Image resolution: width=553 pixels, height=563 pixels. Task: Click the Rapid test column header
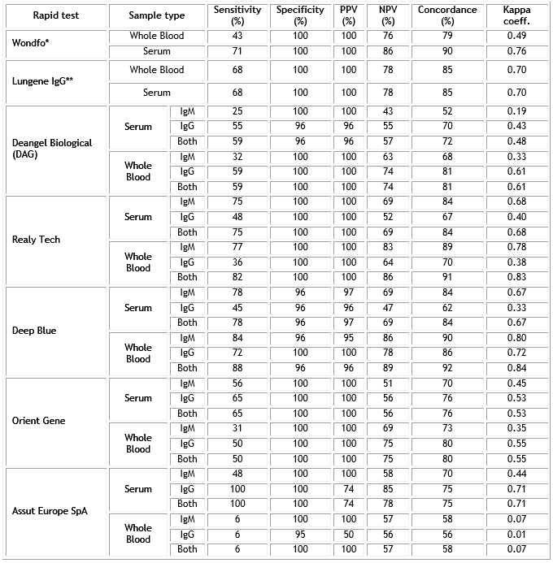pos(54,15)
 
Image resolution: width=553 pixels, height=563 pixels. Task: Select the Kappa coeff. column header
pos(516,15)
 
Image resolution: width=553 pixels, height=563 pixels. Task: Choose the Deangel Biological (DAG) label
pos(52,148)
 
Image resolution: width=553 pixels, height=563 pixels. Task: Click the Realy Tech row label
pos(37,240)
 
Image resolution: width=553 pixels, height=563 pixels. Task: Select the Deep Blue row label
pos(34,331)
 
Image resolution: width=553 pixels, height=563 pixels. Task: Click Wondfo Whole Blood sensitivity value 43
pos(237,36)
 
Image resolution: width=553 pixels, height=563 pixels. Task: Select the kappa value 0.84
pos(516,367)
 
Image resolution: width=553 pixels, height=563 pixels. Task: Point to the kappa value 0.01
pos(516,534)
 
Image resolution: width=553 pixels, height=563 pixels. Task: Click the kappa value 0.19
pos(516,111)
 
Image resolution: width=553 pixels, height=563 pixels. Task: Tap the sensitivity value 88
pos(237,367)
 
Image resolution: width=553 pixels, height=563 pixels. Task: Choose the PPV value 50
pos(349,534)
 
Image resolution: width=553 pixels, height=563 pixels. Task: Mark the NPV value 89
pos(388,367)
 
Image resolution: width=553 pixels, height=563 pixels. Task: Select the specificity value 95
pos(300,534)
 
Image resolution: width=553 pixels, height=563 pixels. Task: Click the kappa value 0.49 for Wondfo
pos(516,36)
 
